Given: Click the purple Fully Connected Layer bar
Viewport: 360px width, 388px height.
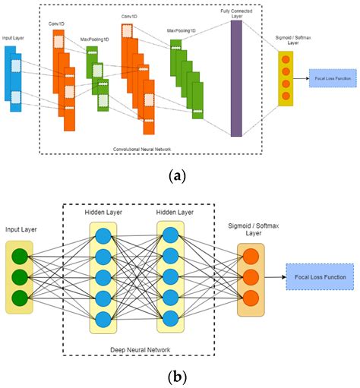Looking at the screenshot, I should [x=236, y=79].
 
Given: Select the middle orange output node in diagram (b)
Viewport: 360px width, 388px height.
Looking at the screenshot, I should [x=251, y=277].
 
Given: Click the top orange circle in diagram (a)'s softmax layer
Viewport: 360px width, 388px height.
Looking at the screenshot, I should [x=286, y=58].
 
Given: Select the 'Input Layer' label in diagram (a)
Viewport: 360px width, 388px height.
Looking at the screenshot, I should [x=15, y=37].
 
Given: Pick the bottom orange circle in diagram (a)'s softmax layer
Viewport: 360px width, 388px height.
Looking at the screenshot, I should [x=286, y=96].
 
